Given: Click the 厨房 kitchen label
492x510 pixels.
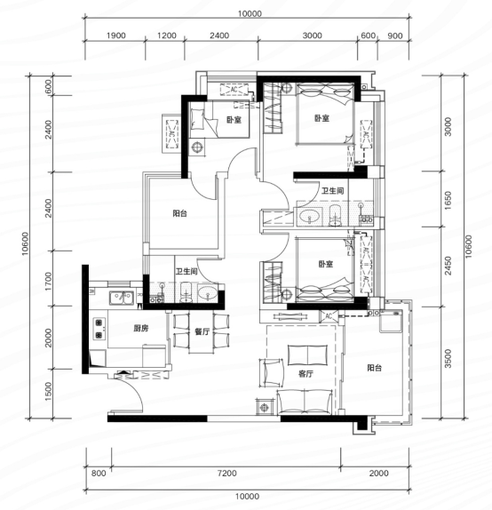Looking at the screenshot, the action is coord(141,328).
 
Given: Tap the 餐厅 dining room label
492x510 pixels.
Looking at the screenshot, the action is coord(202,331).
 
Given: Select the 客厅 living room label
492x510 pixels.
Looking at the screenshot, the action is coord(306,374).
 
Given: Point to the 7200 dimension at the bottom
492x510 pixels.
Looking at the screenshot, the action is coord(227,473).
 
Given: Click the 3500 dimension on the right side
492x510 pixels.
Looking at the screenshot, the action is coord(448,358).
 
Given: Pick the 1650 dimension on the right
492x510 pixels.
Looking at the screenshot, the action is coord(448,201).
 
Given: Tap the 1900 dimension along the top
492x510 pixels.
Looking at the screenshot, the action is coord(115,36).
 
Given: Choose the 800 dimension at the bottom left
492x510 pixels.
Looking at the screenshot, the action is coord(99,473).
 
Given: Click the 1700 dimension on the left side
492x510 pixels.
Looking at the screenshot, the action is coord(48,282).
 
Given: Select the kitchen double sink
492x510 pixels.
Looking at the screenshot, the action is coord(122,298).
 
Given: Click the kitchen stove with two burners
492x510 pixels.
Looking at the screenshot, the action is coord(99,329).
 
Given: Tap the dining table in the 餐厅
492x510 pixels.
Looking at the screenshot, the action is coord(202,332).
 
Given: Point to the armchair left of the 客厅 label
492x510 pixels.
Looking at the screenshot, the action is coord(271,373).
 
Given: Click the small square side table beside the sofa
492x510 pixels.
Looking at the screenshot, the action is coord(264,407).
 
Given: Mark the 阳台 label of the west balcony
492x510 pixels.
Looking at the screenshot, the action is coord(179,213).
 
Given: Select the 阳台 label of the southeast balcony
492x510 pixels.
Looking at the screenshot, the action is coord(374,368).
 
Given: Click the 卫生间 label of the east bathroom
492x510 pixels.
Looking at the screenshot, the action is coord(332,191).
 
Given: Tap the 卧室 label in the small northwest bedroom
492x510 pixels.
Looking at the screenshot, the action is coord(234,120).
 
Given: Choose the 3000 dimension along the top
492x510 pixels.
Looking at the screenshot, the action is coord(313,36).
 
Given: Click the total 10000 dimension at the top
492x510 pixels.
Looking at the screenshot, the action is coord(250,13).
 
